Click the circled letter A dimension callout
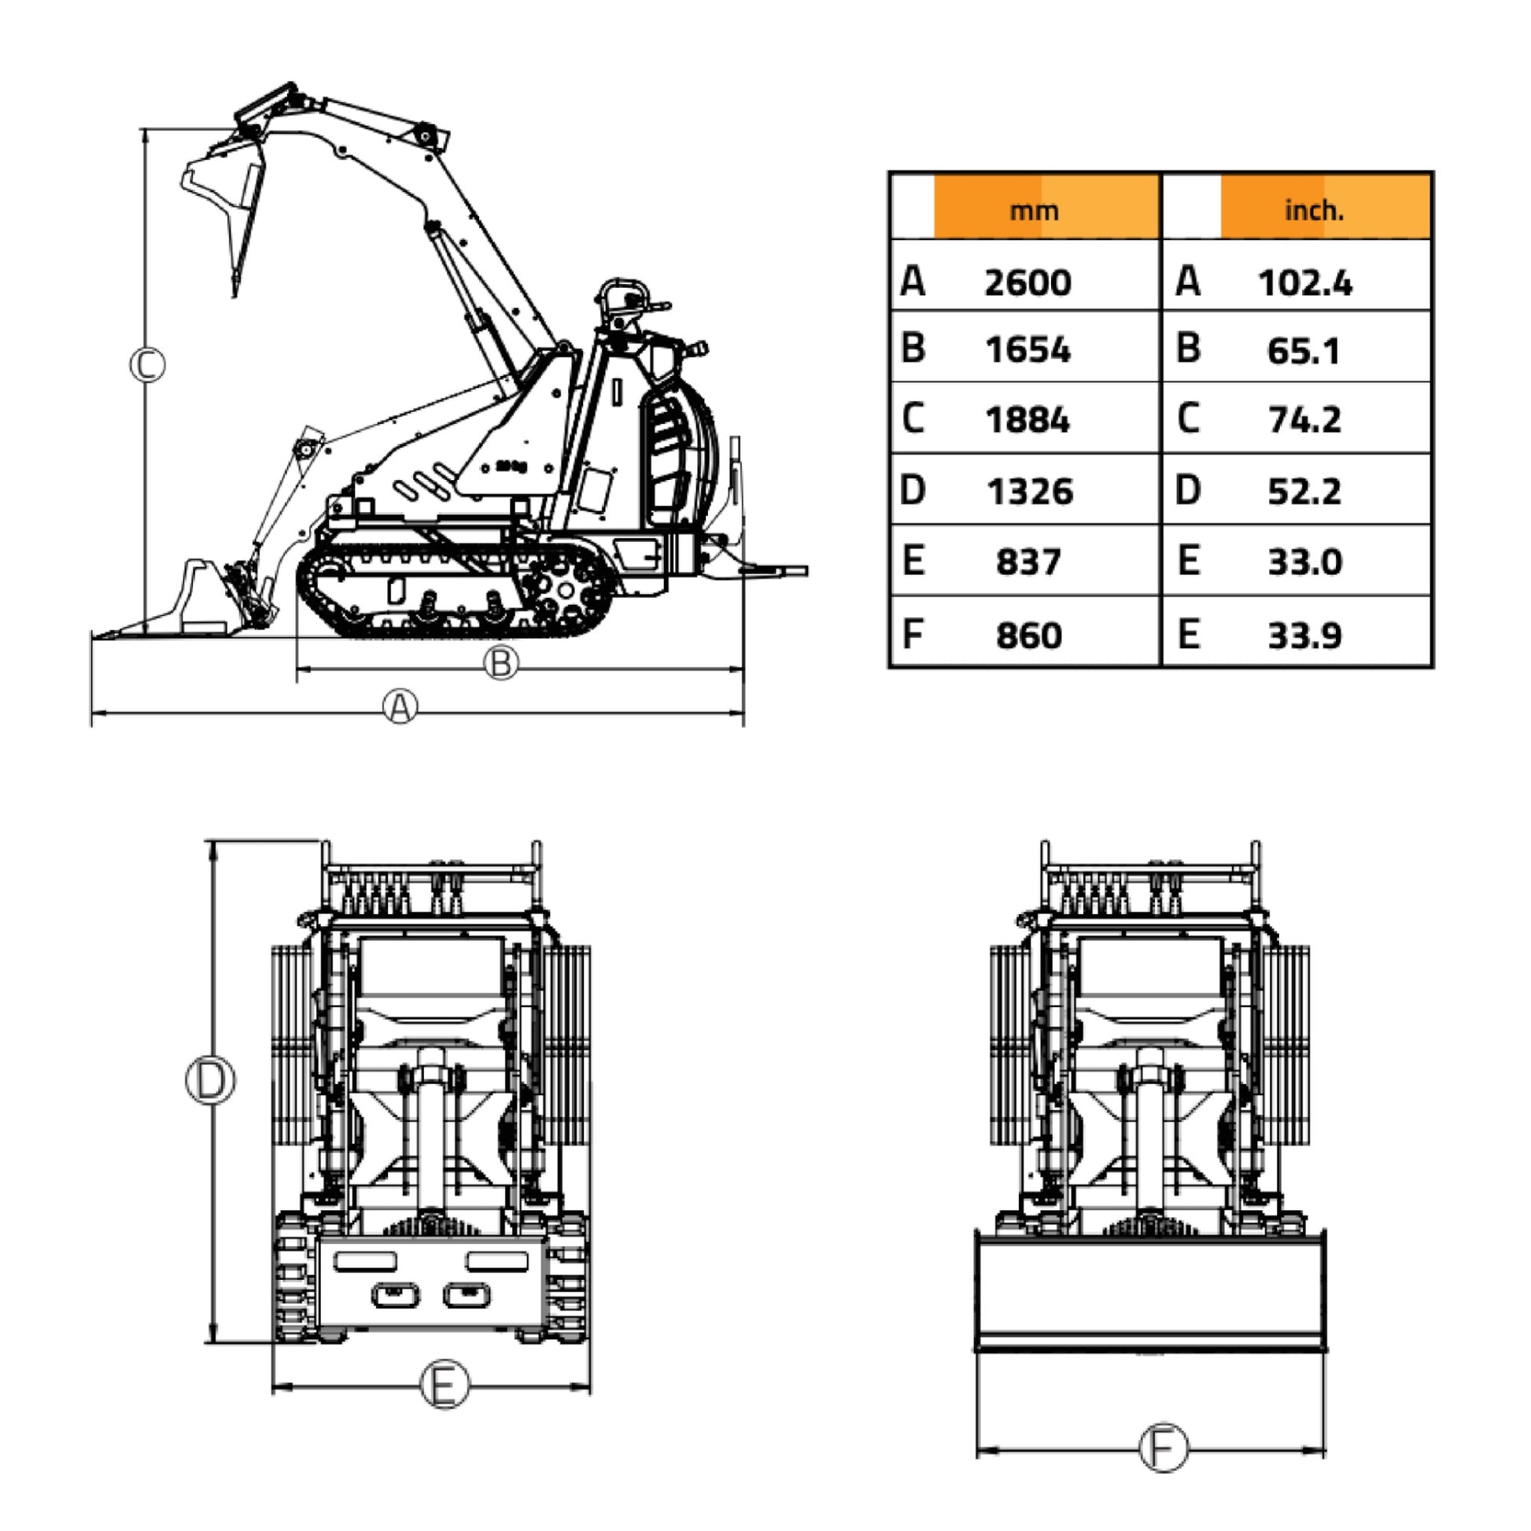[400, 706]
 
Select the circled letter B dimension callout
[501, 662]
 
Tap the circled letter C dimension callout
[147, 365]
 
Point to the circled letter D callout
[210, 1080]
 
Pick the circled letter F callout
[1164, 1448]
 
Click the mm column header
[1033, 211]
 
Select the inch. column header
[1314, 210]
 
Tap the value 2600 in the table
[1027, 283]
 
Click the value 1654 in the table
[1027, 350]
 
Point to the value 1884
[1027, 420]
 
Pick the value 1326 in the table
[1029, 491]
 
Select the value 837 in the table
[1027, 563]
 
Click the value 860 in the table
[1028, 636]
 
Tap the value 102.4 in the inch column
[1305, 283]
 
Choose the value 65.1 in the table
[1304, 350]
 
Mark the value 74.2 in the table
[1304, 420]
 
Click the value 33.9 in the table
[1304, 636]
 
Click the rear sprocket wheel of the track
[565, 590]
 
